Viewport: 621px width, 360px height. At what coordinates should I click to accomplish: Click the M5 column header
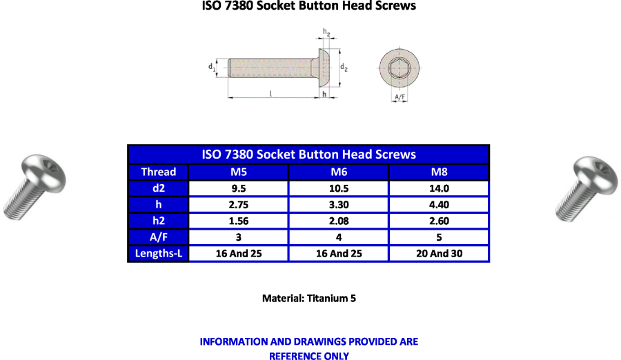tap(239, 172)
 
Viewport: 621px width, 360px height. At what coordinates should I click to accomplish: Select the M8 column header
tap(440, 172)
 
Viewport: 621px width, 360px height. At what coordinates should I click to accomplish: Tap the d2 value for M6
tap(339, 188)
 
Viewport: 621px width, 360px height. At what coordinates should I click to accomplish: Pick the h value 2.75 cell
tap(239, 205)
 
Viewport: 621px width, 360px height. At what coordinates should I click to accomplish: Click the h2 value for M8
tap(440, 221)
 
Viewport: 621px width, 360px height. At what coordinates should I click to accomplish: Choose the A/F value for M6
tap(339, 237)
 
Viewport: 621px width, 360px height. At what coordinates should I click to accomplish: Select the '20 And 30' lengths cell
tap(440, 254)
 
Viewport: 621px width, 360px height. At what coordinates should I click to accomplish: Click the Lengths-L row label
tap(159, 254)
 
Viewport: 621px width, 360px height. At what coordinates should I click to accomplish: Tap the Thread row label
tap(159, 172)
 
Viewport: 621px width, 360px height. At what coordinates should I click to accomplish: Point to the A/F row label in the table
tap(159, 237)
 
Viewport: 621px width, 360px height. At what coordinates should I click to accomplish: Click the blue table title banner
tap(308, 154)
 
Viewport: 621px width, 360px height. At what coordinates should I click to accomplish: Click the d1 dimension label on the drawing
tap(212, 67)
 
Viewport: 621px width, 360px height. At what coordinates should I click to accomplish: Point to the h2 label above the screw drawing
tap(326, 32)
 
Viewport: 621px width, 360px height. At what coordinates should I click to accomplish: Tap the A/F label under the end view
tap(400, 97)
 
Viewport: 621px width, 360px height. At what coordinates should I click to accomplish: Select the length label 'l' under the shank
tap(270, 94)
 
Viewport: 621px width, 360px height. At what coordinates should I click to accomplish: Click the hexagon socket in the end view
tap(400, 68)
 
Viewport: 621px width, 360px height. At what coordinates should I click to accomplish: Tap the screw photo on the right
tap(586, 188)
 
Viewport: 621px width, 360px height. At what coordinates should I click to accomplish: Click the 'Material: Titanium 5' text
tap(309, 298)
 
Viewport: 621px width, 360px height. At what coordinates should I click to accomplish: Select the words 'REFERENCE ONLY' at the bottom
tap(309, 356)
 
